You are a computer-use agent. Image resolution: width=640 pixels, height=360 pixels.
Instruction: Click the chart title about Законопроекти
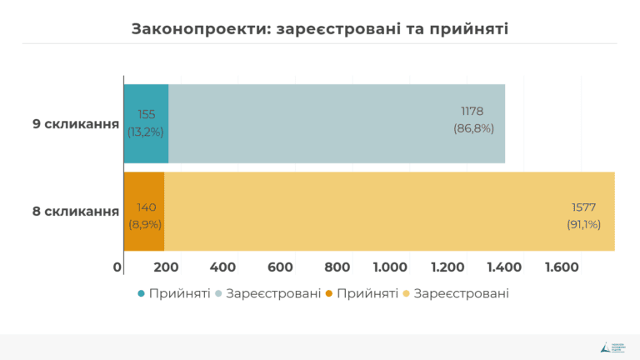click(x=320, y=28)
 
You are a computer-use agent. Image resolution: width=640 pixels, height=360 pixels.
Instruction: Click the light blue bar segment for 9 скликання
click(x=333, y=123)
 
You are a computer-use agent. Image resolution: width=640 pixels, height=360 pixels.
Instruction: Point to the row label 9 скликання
click(x=75, y=123)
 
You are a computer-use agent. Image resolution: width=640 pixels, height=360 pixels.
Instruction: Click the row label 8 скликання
click(x=75, y=211)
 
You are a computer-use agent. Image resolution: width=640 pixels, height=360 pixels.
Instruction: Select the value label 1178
click(x=472, y=112)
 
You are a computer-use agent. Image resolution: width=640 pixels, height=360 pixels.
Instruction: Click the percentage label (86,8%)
click(x=473, y=129)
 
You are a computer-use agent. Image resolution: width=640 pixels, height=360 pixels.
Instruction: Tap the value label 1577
click(x=583, y=207)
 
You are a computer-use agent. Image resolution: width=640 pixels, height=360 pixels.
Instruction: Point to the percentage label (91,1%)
click(x=583, y=224)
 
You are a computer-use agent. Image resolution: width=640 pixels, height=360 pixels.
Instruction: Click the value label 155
click(x=146, y=114)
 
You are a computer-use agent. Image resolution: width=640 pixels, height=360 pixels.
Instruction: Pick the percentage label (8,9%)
click(x=145, y=224)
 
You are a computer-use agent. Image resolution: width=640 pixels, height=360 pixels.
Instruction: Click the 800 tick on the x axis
click(x=337, y=267)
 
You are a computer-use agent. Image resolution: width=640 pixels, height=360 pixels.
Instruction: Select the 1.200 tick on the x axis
click(x=447, y=267)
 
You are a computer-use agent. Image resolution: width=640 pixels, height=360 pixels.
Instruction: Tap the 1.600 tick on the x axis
click(x=562, y=267)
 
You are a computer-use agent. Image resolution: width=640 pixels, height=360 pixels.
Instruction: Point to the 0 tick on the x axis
click(x=118, y=267)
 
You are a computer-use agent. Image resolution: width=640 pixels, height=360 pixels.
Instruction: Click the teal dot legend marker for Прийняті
click(x=141, y=294)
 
